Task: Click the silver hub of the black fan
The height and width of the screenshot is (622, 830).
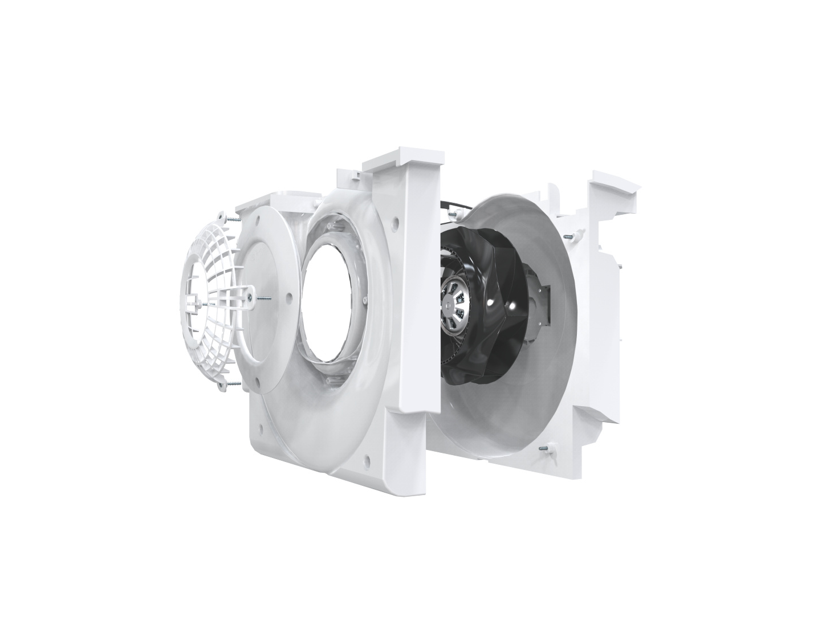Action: pyautogui.click(x=459, y=305)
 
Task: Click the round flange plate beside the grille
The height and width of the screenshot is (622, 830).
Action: pyautogui.click(x=268, y=330)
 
